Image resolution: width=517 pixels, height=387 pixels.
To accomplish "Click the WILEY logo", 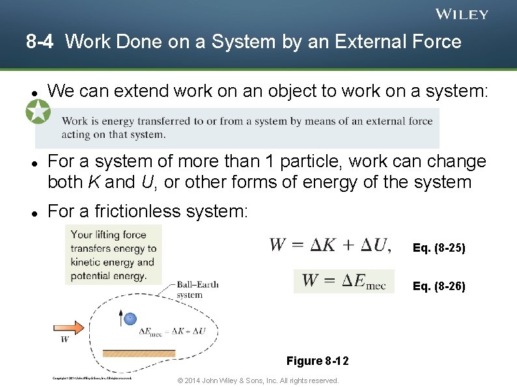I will pos(461,14).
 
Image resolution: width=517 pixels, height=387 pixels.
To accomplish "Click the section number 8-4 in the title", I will pos(40,42).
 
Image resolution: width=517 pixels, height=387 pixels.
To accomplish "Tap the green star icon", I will pos(38,112).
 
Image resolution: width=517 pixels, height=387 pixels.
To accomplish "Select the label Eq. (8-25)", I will pos(439,248).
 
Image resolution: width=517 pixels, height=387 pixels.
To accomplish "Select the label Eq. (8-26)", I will pos(439,286).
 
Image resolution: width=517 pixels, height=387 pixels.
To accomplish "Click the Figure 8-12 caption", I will pos(317,361).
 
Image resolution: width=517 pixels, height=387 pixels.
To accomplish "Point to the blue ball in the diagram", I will pos(130,318).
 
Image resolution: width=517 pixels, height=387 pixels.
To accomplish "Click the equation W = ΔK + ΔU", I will pos(329,245).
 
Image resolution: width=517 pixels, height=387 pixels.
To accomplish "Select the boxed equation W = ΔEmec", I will pos(344,281).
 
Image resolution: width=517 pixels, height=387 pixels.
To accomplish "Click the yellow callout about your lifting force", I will pos(113,255).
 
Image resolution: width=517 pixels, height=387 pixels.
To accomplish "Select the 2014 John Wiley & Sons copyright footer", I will pos(258,380).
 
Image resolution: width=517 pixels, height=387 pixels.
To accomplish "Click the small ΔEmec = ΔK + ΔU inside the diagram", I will pos(173,331).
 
